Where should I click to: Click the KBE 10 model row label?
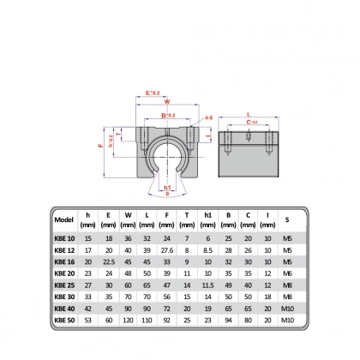[64, 238]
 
